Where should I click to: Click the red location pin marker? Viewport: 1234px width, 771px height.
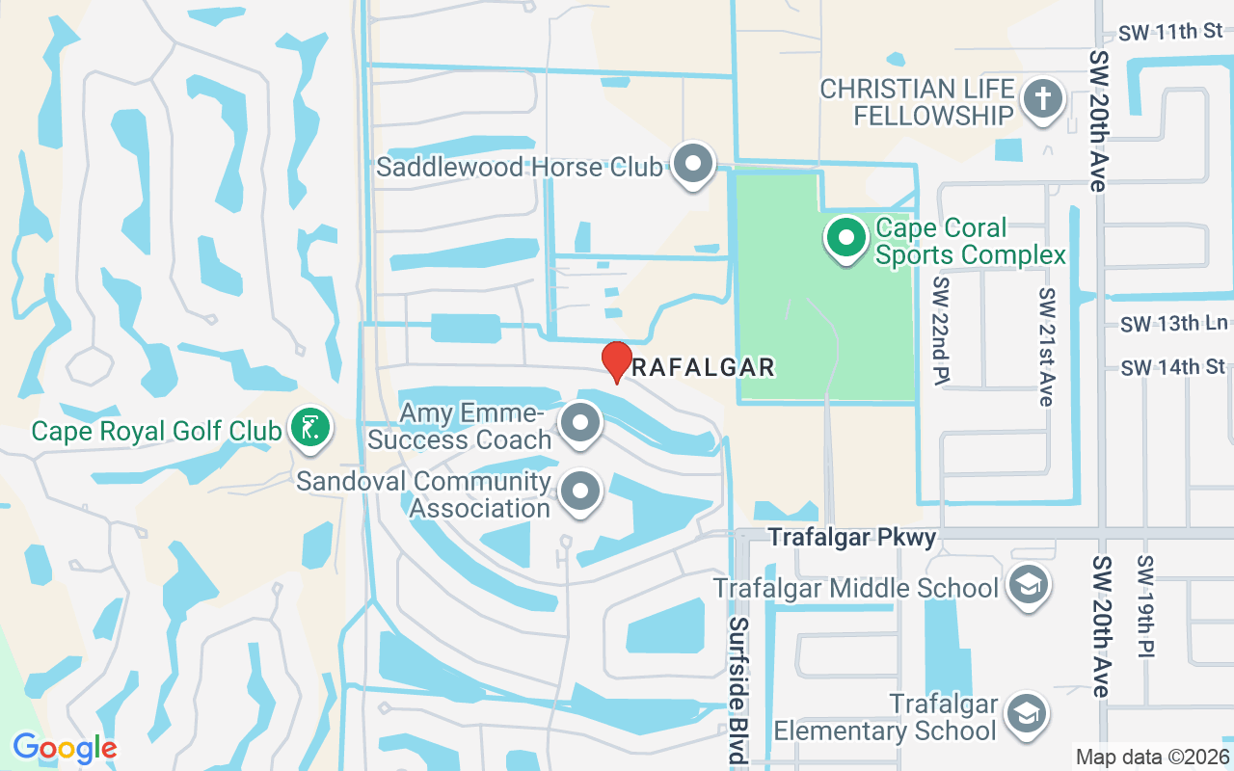tap(616, 361)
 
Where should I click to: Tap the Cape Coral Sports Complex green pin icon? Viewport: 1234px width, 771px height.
tap(846, 237)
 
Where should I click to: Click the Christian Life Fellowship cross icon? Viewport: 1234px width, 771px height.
tap(1042, 99)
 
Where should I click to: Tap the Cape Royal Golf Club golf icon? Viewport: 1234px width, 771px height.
tap(309, 426)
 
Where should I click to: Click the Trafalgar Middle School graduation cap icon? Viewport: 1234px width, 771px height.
tap(1028, 585)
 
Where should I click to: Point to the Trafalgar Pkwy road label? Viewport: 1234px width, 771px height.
tap(851, 537)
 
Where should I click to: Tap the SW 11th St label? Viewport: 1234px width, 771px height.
tap(1170, 32)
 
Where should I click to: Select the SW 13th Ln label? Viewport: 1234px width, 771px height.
tap(1174, 323)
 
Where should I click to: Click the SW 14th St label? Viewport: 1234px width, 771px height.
tap(1173, 367)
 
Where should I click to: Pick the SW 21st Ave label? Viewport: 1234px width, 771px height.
tap(1047, 345)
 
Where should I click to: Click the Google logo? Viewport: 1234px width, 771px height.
tap(65, 748)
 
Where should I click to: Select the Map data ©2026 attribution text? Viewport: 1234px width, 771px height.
tap(1152, 757)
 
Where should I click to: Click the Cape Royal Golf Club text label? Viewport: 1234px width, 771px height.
tap(156, 430)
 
